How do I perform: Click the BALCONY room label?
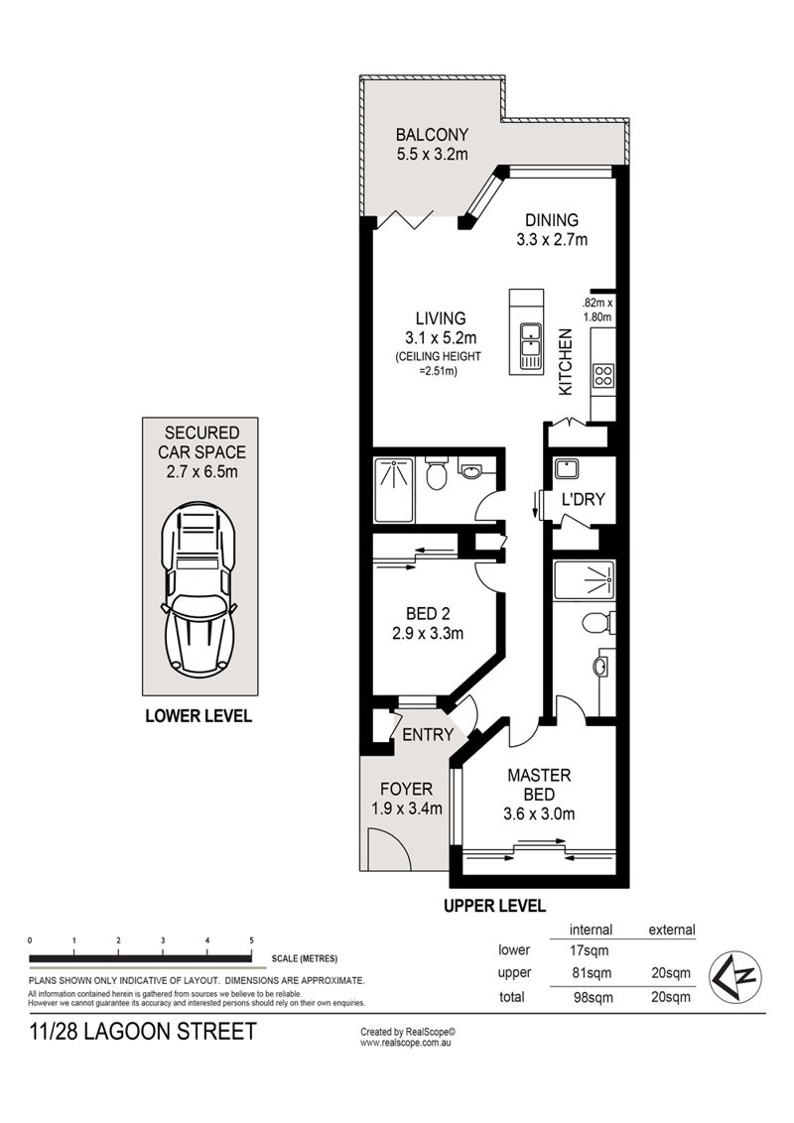point(432,134)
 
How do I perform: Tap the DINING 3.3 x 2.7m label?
point(552,230)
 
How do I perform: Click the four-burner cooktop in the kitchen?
point(603,376)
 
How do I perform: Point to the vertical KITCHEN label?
point(566,362)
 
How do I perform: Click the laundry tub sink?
point(567,469)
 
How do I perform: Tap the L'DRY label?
point(584,499)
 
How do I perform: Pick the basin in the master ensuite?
point(600,667)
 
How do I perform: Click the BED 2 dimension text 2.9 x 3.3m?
point(428,633)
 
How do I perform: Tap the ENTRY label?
point(428,735)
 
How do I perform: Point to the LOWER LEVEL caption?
point(198,715)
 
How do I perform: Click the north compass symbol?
point(735,976)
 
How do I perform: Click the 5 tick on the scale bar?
point(251,940)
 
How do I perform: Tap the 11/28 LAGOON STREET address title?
point(143,1032)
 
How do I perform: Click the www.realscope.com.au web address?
point(405,1043)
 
